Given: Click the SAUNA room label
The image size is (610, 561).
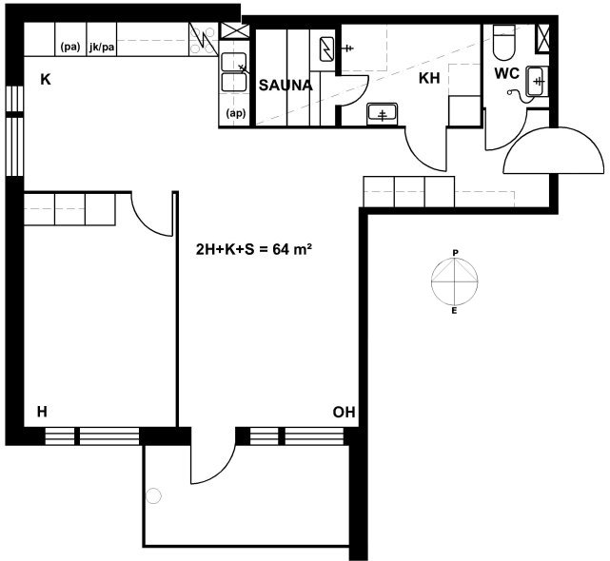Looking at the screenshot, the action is point(285,86).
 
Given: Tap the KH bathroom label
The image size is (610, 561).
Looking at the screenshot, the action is point(429,78).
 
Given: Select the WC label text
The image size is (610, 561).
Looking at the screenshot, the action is point(507,73).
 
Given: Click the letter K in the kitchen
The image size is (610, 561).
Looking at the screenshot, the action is point(46,79).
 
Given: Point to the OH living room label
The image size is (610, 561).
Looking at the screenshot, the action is point(344,412).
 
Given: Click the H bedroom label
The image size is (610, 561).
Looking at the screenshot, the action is point(42,412).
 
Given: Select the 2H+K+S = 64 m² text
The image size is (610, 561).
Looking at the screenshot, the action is point(254,249).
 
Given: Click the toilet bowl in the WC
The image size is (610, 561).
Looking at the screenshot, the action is point(503,43).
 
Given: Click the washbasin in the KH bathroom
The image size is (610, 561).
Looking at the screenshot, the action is point(382,114).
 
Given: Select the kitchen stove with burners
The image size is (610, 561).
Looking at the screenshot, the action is point(204,39).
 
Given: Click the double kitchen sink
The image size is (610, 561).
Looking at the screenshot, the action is point(234,72).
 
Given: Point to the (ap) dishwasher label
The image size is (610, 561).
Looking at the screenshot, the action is point(236,113).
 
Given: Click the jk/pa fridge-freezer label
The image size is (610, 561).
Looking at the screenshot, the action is point(102,48).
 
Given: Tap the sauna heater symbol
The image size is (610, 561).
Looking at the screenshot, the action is point(326,49).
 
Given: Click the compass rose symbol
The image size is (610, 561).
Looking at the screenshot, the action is point(454,281).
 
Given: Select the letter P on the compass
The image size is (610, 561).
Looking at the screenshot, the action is point(455,253).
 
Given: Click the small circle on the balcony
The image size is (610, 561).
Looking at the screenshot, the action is point(153,495).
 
